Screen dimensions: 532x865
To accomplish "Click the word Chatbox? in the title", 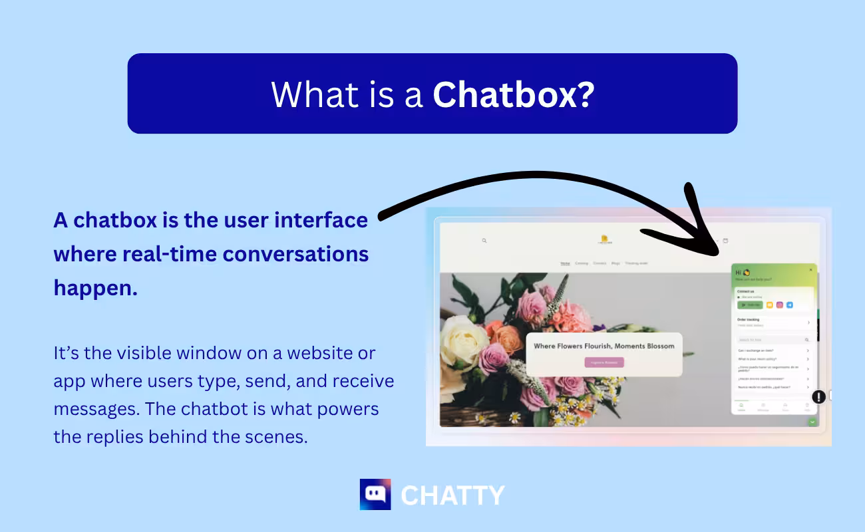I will tap(513, 95).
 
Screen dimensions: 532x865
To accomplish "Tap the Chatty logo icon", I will tap(375, 494).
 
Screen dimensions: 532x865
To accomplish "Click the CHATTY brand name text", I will tap(452, 495).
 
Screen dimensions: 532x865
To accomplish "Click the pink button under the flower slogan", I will tap(604, 362).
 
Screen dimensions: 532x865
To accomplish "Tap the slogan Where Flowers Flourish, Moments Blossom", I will tap(604, 346).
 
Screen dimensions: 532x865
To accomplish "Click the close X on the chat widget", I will tap(810, 270).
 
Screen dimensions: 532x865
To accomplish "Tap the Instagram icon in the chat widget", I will tap(780, 305).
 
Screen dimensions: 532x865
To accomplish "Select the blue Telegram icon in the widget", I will tap(790, 305).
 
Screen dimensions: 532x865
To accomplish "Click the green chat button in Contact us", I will tap(750, 305).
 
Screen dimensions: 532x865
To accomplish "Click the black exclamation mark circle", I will tap(818, 397).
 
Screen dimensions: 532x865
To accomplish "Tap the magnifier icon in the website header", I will tap(484, 241).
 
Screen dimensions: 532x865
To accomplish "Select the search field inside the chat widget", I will tap(772, 340).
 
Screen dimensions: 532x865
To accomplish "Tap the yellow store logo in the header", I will tap(604, 239).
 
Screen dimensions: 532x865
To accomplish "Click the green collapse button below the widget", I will tap(812, 422).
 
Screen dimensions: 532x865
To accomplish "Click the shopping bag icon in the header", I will tap(725, 241).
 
